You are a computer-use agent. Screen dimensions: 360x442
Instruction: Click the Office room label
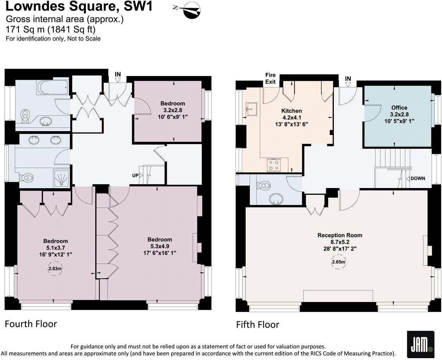[399, 108]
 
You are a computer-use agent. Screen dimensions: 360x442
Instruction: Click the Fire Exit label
[270, 78]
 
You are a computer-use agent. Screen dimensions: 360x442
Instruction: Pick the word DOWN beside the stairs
[417, 178]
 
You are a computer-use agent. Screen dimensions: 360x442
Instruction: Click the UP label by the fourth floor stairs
[135, 175]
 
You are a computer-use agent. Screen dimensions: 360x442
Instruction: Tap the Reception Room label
[340, 235]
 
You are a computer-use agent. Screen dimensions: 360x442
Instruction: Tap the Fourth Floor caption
[31, 324]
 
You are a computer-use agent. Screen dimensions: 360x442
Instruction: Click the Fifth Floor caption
[258, 324]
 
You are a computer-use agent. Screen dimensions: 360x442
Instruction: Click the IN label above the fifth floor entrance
[348, 79]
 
